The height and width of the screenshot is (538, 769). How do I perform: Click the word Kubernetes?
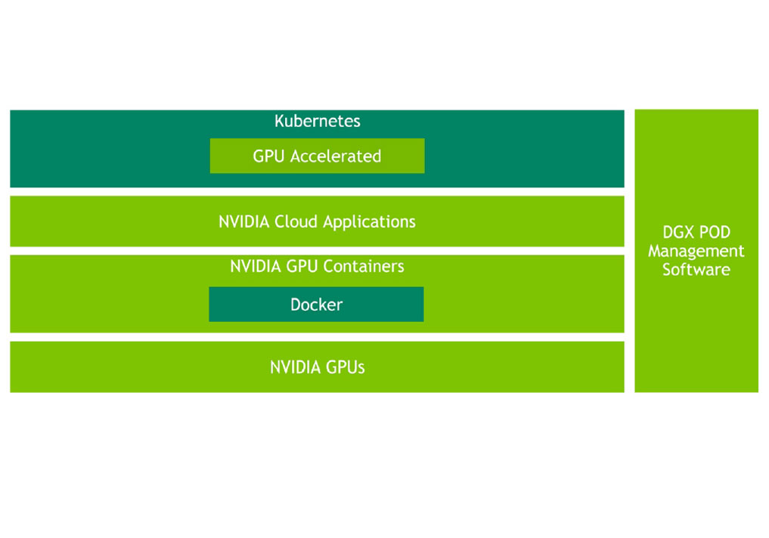click(x=317, y=121)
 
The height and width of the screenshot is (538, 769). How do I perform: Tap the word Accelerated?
click(x=336, y=156)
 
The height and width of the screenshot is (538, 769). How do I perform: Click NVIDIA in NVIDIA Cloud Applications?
click(x=244, y=222)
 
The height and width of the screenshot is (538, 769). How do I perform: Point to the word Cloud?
click(x=296, y=222)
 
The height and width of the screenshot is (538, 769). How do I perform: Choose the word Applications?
click(x=369, y=222)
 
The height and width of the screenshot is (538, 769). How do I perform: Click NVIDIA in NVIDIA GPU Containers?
click(x=256, y=267)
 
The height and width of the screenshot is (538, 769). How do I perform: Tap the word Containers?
click(x=364, y=267)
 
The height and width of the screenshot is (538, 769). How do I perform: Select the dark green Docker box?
click(x=316, y=305)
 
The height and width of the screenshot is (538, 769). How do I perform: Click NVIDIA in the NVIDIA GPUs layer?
click(x=296, y=368)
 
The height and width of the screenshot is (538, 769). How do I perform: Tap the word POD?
click(x=715, y=233)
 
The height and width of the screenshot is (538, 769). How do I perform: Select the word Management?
click(x=696, y=251)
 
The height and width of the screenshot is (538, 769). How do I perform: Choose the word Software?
click(x=696, y=270)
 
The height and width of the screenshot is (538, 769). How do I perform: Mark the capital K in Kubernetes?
click(x=279, y=121)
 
